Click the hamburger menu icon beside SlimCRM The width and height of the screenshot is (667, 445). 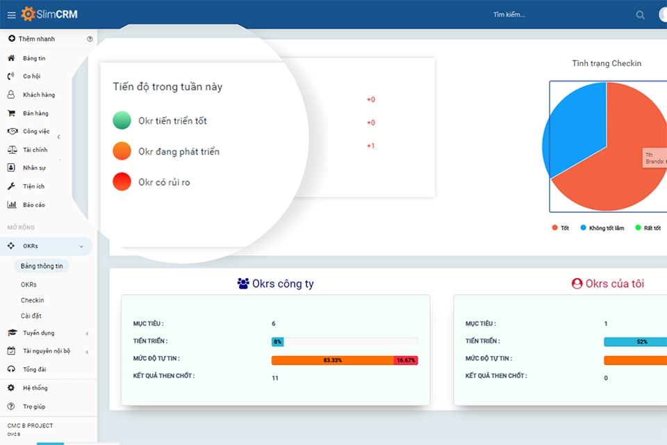tap(11, 15)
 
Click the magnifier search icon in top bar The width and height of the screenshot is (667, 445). tap(640, 15)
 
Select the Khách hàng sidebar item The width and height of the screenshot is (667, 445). tap(38, 95)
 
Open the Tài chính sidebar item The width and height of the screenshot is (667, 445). tap(35, 149)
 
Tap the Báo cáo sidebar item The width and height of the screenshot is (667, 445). tap(33, 204)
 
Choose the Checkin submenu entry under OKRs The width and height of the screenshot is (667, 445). tap(32, 300)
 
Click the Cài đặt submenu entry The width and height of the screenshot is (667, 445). tap(31, 316)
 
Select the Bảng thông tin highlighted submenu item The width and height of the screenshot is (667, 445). tap(42, 266)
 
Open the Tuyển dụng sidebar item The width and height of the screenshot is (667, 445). tap(38, 333)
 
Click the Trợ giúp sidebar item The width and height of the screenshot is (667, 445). tap(33, 406)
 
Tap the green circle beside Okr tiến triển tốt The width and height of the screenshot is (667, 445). tap(122, 120)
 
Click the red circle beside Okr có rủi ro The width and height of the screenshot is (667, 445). tap(122, 181)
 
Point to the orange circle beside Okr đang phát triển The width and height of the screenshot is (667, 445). tap(122, 151)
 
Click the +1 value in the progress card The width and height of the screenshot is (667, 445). tap(370, 146)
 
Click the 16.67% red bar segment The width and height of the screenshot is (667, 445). tap(406, 360)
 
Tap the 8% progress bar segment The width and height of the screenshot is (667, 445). tap(277, 341)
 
